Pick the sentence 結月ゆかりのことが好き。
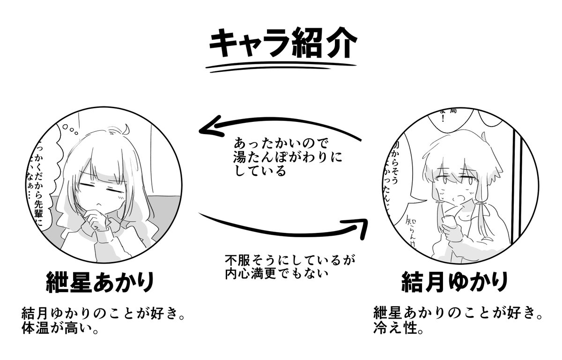click(103, 313)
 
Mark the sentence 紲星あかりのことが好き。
click(459, 313)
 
